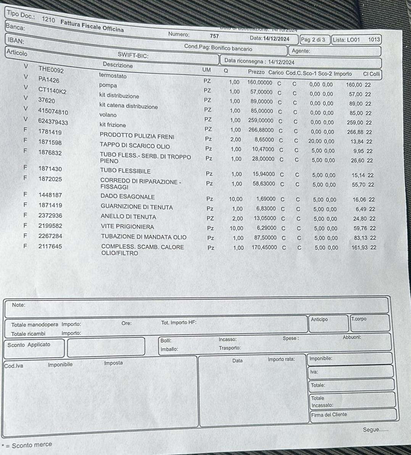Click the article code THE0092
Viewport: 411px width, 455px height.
pyautogui.click(x=51, y=70)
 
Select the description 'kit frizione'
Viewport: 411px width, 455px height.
pyautogui.click(x=112, y=125)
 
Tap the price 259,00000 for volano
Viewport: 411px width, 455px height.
pyautogui.click(x=261, y=120)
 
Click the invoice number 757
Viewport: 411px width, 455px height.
pyautogui.click(x=214, y=36)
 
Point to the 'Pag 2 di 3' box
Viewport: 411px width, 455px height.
pyautogui.click(x=313, y=39)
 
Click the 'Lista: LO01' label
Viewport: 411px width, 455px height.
pyautogui.click(x=346, y=39)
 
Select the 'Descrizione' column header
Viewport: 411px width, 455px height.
pyautogui.click(x=118, y=65)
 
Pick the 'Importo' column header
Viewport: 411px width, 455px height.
pyautogui.click(x=343, y=73)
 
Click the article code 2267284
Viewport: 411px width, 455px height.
pyautogui.click(x=50, y=236)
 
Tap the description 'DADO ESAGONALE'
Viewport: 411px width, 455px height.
pyautogui.click(x=127, y=197)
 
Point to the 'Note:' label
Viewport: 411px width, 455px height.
pyautogui.click(x=18, y=305)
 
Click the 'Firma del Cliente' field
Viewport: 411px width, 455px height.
pyautogui.click(x=329, y=415)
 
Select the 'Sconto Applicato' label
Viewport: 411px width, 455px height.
pyautogui.click(x=29, y=345)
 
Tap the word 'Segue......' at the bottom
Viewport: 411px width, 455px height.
pyautogui.click(x=376, y=430)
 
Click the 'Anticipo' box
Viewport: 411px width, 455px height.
pyautogui.click(x=319, y=319)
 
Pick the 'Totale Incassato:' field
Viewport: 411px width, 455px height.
pyautogui.click(x=322, y=402)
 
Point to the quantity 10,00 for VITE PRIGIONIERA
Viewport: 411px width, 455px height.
pyautogui.click(x=236, y=228)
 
